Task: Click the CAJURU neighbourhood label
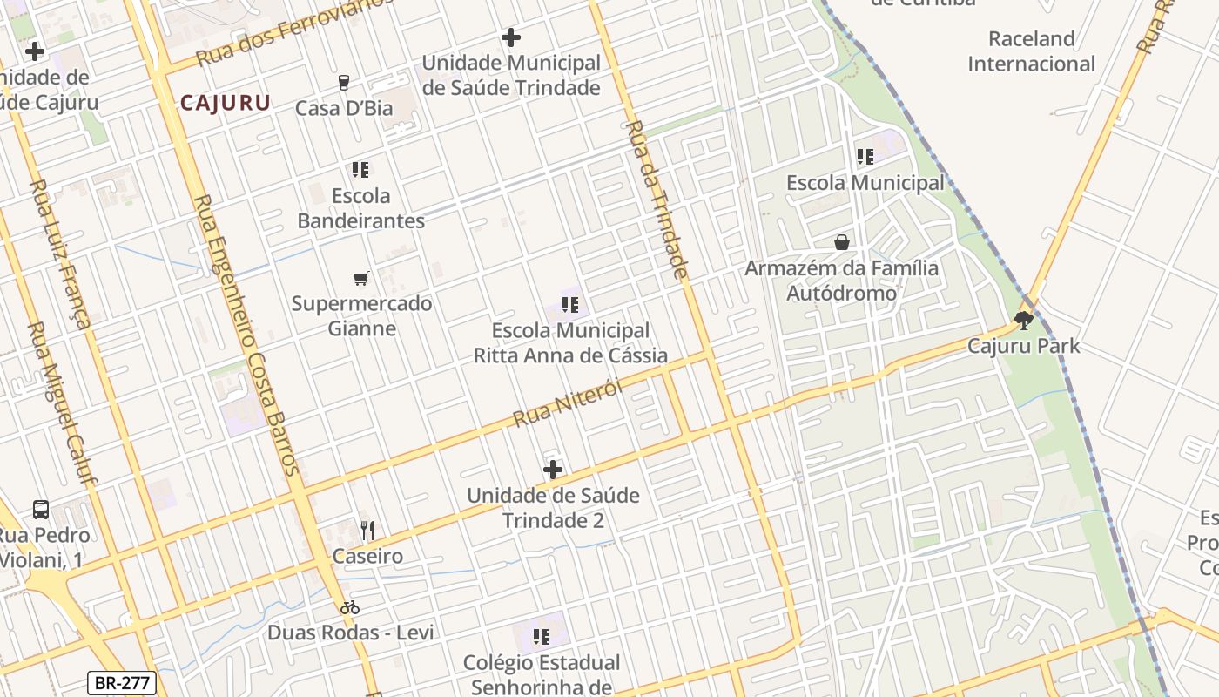point(225,103)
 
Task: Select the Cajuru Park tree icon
point(1024,321)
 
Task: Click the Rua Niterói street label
point(568,403)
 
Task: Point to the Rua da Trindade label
point(657,199)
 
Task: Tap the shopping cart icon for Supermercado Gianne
point(361,278)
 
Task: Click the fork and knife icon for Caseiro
point(367,530)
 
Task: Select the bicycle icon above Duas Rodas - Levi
point(350,606)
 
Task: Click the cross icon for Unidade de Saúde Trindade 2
point(553,470)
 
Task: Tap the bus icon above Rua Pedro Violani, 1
point(41,509)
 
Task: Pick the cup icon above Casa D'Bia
point(344,82)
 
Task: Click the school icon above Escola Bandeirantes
point(360,169)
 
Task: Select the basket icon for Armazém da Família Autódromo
point(842,241)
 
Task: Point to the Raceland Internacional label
point(1031,51)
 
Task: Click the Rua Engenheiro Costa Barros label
point(246,335)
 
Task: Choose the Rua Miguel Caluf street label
point(63,401)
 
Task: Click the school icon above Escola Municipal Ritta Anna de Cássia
point(570,305)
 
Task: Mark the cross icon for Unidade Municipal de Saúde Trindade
point(511,37)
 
